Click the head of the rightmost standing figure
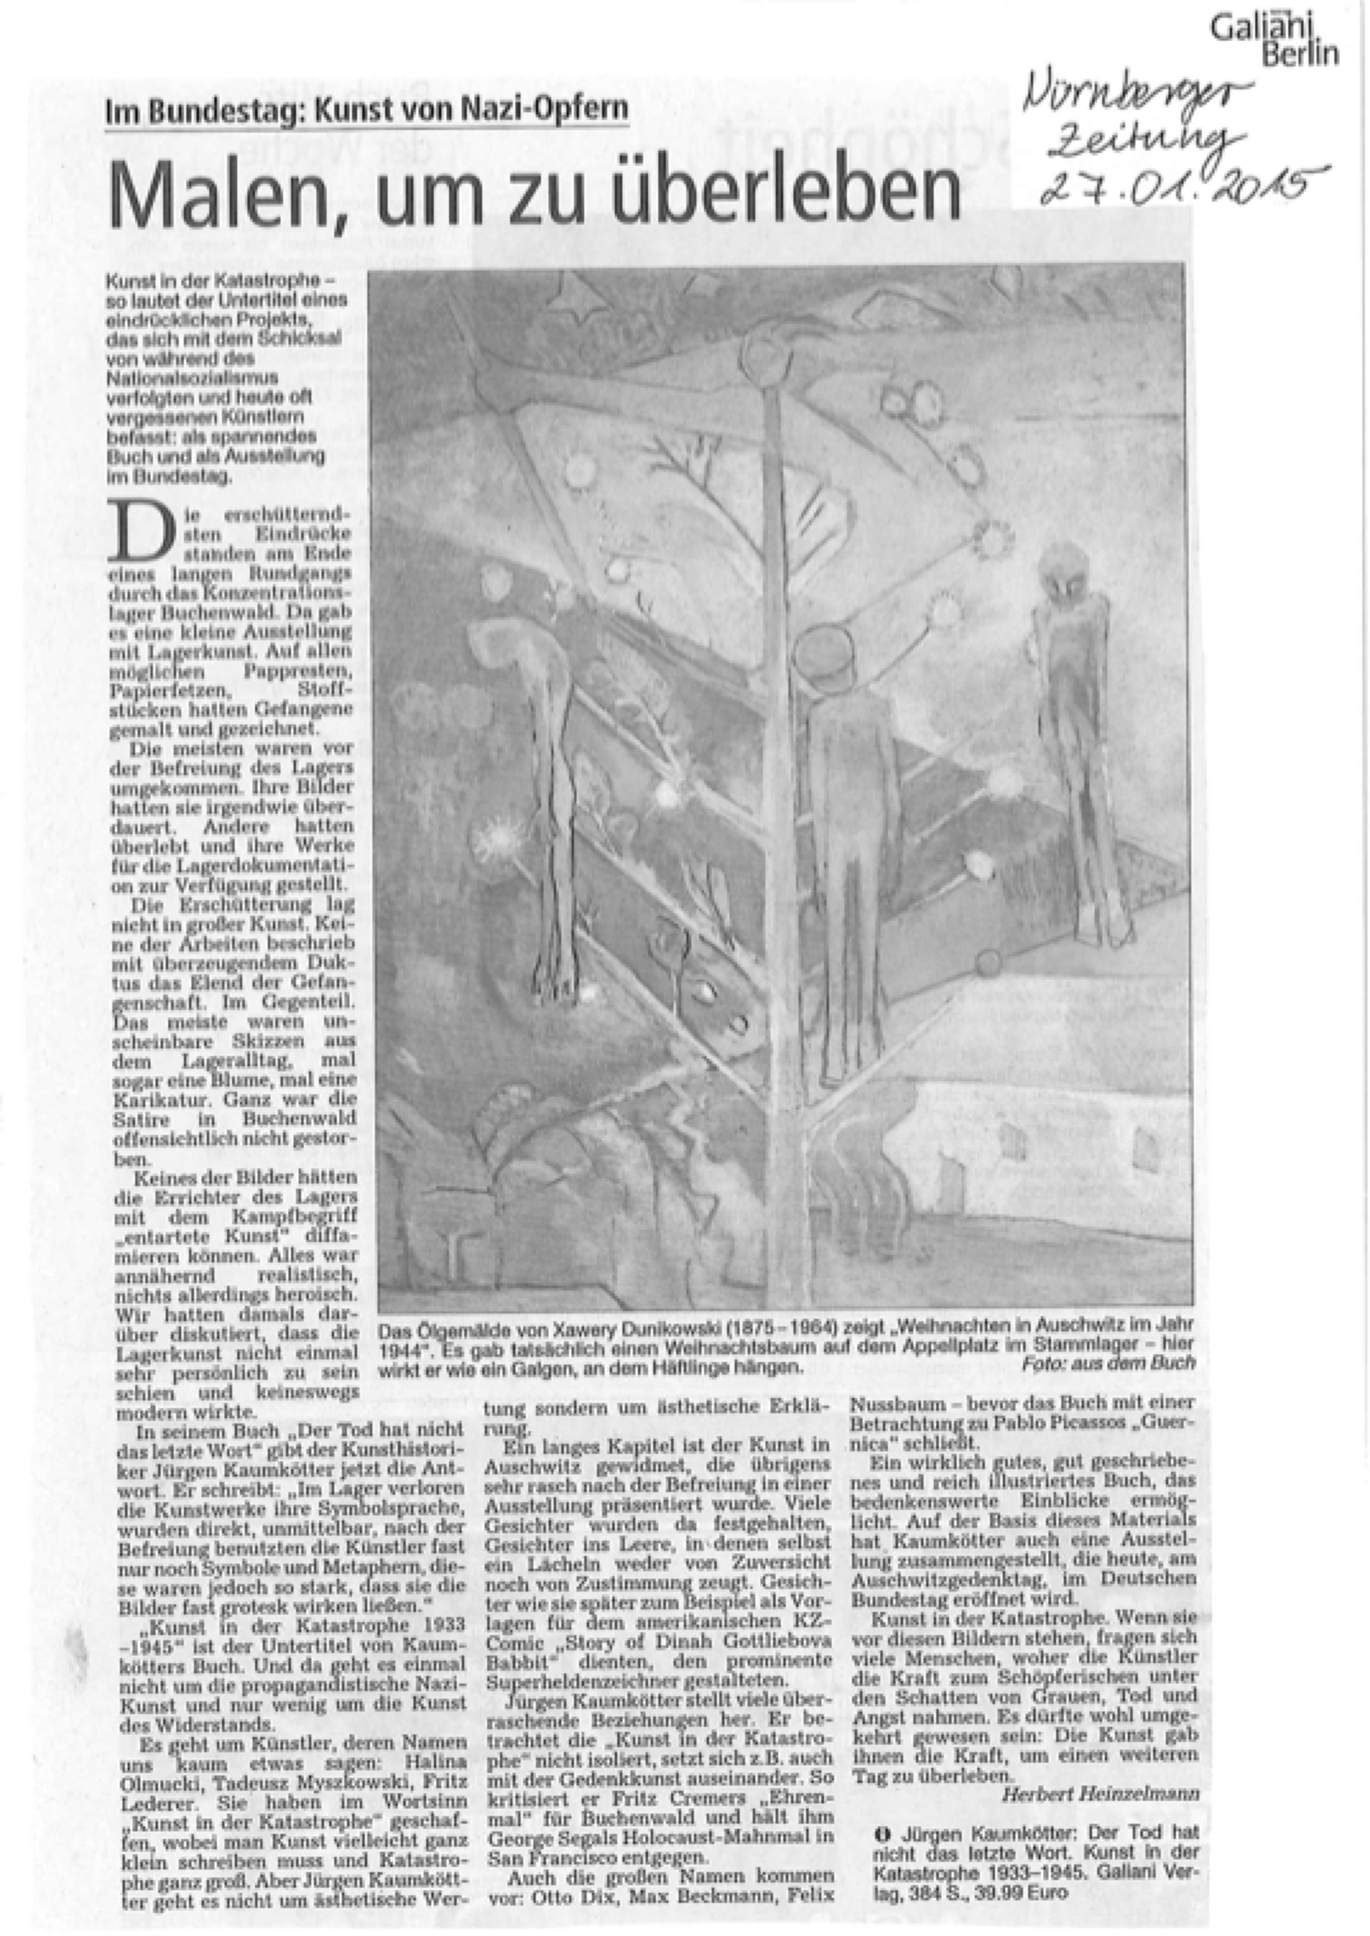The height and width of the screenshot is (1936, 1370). [x=1065, y=571]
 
